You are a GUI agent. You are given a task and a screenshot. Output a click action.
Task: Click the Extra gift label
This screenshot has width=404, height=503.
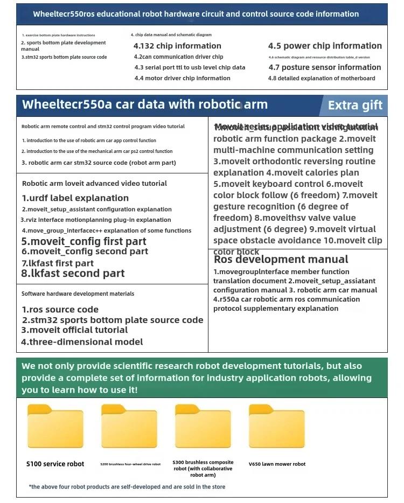(355, 105)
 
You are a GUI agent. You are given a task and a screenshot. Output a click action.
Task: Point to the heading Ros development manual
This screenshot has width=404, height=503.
(281, 260)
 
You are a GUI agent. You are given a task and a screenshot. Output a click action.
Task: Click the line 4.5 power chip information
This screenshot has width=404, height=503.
(325, 46)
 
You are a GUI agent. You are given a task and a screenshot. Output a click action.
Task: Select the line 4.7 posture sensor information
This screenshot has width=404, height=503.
(325, 67)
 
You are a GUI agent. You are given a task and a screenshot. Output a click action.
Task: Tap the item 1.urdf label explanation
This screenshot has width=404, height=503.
(75, 198)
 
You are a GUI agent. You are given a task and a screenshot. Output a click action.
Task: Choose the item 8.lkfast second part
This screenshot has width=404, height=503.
(73, 274)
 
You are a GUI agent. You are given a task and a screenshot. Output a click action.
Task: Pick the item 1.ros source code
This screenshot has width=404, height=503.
(60, 310)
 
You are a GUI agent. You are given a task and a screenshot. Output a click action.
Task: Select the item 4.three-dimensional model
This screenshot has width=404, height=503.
(82, 342)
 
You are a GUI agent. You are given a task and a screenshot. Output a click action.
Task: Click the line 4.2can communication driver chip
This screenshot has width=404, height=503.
(178, 57)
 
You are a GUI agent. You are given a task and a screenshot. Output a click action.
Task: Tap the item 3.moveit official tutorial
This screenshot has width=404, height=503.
(74, 330)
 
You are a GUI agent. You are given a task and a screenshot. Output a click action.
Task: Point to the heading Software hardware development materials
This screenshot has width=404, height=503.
(78, 294)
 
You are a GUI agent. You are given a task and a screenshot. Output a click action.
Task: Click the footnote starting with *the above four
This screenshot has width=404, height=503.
(127, 487)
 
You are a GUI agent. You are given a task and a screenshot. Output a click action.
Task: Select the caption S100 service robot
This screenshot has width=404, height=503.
(55, 464)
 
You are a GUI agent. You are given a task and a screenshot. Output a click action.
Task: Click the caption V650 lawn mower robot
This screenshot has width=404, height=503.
(277, 464)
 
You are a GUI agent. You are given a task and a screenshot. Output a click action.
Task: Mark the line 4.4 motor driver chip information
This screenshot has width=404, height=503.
(182, 78)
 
